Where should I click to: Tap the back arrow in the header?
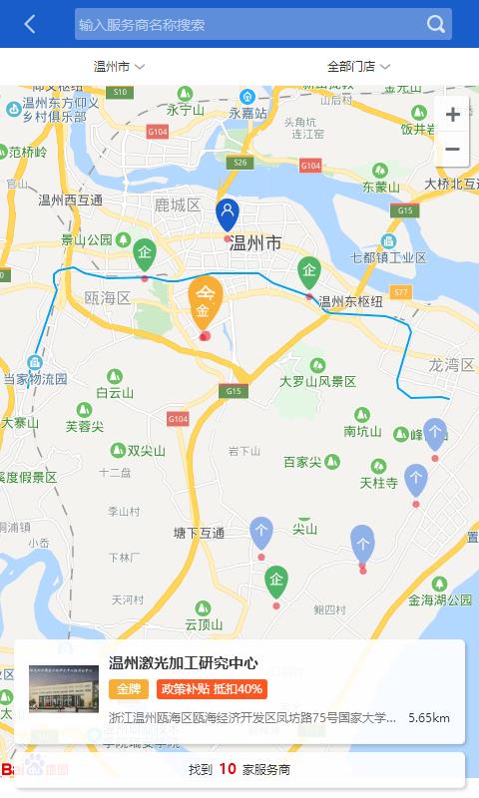(x=30, y=24)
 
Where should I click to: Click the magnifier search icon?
(x=436, y=24)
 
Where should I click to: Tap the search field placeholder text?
(x=142, y=25)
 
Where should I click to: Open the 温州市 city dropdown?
(x=119, y=67)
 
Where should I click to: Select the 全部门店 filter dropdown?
(x=358, y=67)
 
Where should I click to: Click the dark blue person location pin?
(x=228, y=213)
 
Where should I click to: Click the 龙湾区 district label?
(x=451, y=366)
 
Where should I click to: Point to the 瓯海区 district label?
(x=108, y=298)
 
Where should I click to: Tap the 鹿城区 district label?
(x=178, y=205)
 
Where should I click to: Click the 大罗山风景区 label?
(x=317, y=382)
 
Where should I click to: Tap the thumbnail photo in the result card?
(x=64, y=689)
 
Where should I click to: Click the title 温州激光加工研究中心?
(x=184, y=663)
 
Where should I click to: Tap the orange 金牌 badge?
(x=129, y=689)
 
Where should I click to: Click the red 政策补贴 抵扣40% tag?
(x=212, y=689)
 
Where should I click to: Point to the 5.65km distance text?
(x=429, y=717)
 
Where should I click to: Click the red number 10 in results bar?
(x=228, y=769)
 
